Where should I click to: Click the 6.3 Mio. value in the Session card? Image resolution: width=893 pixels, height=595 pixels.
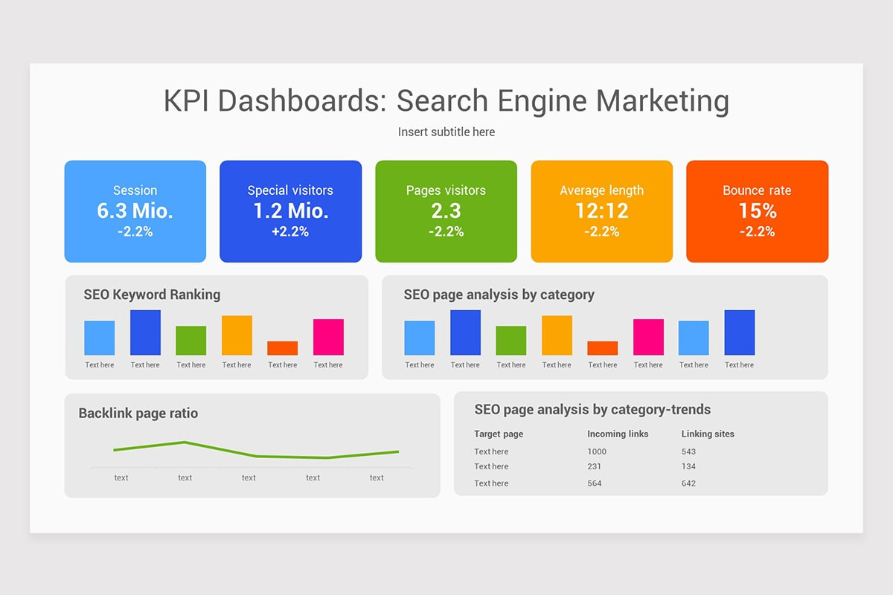(x=135, y=210)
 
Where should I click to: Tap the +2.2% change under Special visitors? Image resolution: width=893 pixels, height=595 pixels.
(x=290, y=231)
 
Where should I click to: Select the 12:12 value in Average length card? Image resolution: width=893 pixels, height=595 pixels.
(x=601, y=210)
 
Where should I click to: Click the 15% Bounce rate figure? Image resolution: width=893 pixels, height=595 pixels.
(x=758, y=210)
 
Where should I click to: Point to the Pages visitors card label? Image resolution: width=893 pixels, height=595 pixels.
(x=446, y=190)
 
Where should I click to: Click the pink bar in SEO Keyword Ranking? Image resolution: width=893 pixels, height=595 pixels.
(x=328, y=337)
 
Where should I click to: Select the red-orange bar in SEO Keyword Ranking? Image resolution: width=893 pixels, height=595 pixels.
(x=282, y=348)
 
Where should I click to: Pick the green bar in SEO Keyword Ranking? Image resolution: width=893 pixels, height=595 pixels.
(x=191, y=341)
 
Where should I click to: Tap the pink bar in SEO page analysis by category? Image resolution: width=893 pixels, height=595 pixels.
(x=648, y=337)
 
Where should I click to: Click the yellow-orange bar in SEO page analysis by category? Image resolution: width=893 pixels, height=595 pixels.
(x=557, y=335)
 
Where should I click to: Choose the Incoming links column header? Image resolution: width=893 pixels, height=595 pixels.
(x=618, y=434)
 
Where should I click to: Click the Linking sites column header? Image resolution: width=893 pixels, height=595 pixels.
(x=708, y=434)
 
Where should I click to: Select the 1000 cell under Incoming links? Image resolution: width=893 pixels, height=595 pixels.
(x=596, y=451)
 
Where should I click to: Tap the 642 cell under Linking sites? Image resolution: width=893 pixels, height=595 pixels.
(x=688, y=483)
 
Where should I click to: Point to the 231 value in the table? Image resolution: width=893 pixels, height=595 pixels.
(x=594, y=466)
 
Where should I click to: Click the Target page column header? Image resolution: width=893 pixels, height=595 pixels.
(x=499, y=434)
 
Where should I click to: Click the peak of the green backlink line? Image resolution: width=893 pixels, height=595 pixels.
(x=185, y=442)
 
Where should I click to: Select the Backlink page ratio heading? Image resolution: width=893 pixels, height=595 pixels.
(x=138, y=414)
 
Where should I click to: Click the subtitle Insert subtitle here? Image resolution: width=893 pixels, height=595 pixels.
(x=446, y=132)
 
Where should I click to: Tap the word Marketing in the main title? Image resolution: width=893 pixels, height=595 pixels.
(x=662, y=101)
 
